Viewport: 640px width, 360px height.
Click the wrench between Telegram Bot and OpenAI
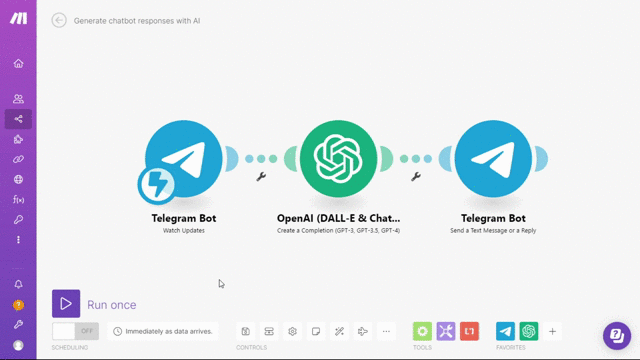(261, 176)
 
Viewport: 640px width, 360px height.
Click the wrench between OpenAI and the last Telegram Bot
(416, 176)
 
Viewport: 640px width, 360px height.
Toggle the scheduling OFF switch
(76, 330)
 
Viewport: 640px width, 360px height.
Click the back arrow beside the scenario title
(59, 20)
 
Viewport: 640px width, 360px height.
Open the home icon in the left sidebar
(18, 64)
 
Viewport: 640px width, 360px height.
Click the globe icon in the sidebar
(18, 179)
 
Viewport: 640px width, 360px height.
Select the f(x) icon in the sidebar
(18, 200)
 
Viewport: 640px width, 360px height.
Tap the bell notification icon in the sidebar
(18, 284)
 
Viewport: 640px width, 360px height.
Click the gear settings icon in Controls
(292, 331)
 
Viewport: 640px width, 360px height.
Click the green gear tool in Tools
(422, 331)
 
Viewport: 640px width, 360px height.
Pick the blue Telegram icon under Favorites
(506, 331)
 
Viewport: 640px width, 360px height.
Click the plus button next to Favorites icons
(552, 331)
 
